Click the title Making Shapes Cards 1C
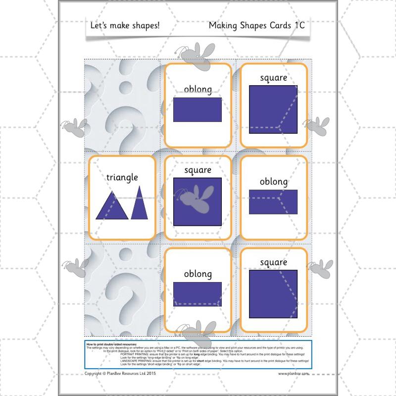(x=256, y=25)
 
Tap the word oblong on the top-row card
(x=198, y=90)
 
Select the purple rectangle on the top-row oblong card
(x=198, y=110)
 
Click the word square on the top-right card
(x=273, y=78)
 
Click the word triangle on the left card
(x=122, y=177)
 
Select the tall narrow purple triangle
(x=139, y=203)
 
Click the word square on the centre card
(x=198, y=170)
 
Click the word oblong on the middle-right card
(x=273, y=182)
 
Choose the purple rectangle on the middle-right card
(x=273, y=202)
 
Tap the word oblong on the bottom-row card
(x=198, y=274)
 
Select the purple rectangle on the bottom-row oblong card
(x=198, y=294)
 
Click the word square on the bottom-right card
(x=273, y=262)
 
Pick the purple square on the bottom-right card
(x=273, y=294)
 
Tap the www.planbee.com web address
(x=294, y=374)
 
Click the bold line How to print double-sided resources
(x=111, y=343)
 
